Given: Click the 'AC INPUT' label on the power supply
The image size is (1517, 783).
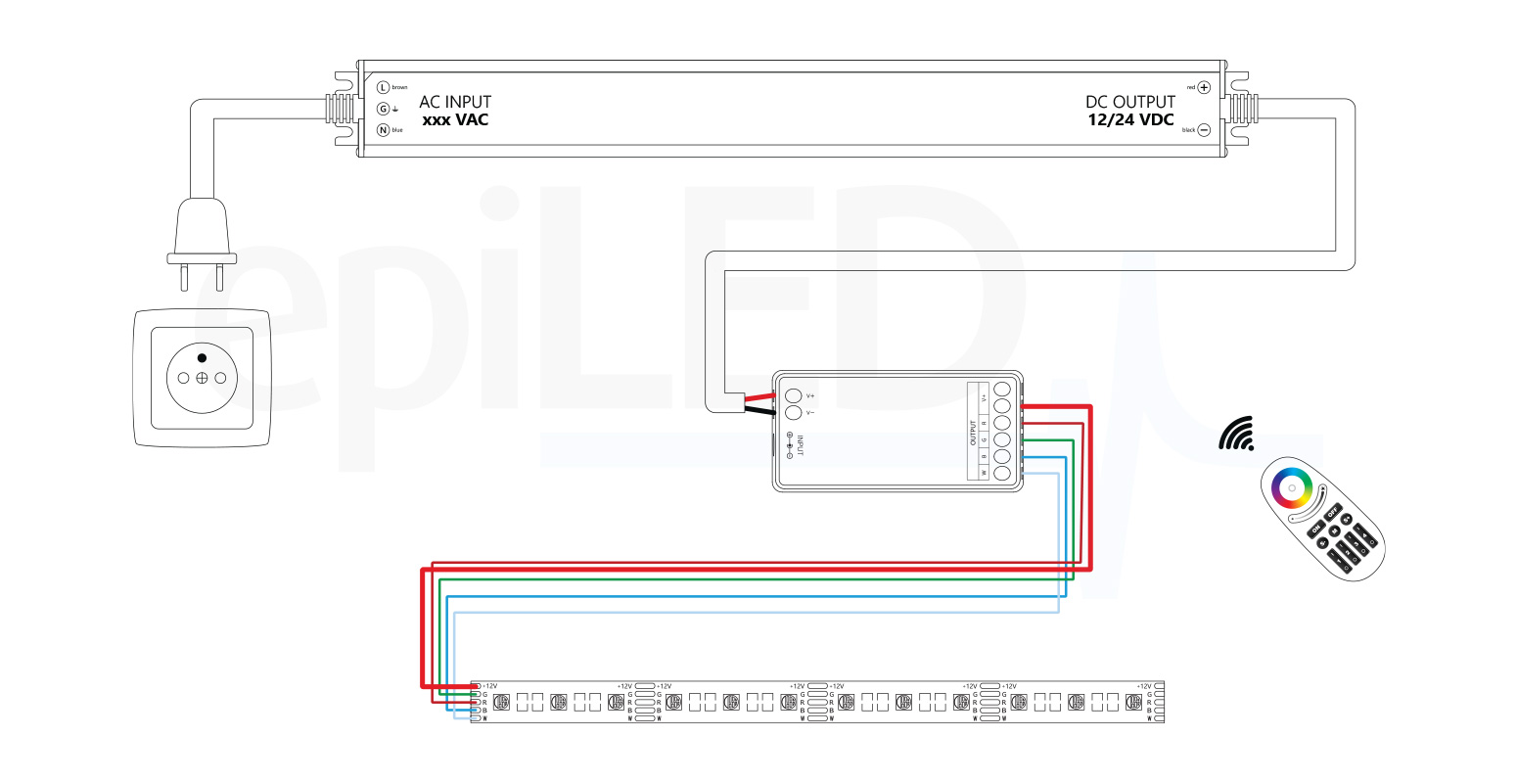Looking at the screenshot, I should [455, 102].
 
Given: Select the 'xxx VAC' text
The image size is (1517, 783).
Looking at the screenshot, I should [455, 120].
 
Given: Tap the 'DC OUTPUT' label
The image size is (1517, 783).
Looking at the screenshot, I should [1129, 102].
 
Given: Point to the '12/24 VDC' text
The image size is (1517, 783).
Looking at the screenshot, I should [1130, 120].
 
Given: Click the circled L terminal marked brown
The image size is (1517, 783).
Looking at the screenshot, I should [384, 87].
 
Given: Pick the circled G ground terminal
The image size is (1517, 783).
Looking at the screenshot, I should [384, 109].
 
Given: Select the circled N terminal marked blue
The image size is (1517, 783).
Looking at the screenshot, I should [384, 129].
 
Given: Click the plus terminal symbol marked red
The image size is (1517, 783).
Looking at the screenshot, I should [1204, 87].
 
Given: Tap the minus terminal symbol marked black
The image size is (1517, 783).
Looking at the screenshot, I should [1204, 129].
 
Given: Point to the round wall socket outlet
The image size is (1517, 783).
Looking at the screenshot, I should [202, 378].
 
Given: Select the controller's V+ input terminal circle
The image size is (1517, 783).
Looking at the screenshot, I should [794, 395].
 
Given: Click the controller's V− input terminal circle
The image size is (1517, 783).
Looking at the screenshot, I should [794, 413].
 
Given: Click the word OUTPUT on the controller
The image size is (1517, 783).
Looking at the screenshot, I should [973, 433].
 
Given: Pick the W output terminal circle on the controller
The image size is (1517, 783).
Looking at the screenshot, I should [1002, 474].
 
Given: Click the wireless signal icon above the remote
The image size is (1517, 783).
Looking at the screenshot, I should [1237, 434].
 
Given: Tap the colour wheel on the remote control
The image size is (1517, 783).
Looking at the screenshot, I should [1292, 486].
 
